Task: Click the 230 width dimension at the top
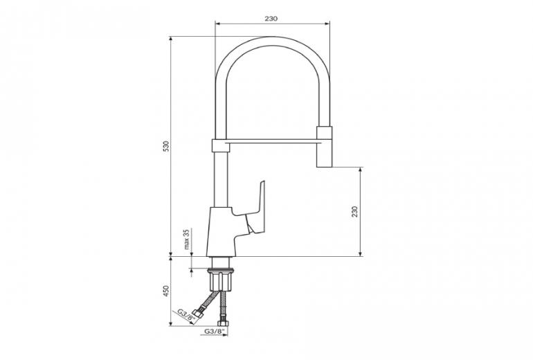click(x=271, y=19)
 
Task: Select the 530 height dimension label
click(x=166, y=146)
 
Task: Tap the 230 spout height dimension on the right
click(x=355, y=211)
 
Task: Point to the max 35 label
click(x=186, y=239)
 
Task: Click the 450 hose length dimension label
click(x=166, y=291)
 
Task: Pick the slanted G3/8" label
click(x=185, y=315)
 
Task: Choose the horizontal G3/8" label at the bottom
click(x=215, y=330)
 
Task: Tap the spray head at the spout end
click(x=324, y=147)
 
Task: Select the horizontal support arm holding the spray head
click(x=273, y=141)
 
